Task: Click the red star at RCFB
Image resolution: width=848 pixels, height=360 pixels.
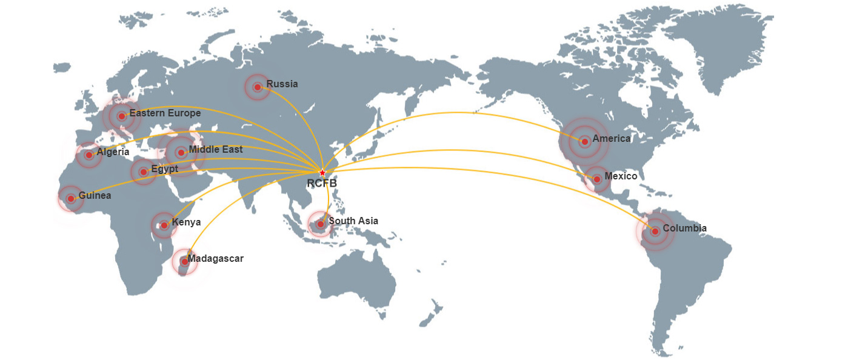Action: [322, 173]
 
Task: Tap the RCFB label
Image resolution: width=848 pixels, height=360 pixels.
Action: [321, 183]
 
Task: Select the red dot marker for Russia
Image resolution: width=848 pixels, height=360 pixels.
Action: [257, 87]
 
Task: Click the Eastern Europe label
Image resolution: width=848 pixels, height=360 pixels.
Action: [165, 113]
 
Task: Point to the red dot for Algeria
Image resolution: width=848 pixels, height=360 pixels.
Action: [88, 155]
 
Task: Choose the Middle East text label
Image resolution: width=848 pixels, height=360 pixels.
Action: [215, 149]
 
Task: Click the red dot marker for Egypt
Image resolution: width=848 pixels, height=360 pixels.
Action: [144, 172]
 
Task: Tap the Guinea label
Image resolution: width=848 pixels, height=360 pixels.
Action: [95, 196]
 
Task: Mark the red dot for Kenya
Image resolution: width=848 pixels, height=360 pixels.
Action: [164, 225]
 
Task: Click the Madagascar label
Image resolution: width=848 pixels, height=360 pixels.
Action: [215, 259]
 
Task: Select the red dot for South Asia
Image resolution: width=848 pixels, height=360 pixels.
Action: [320, 224]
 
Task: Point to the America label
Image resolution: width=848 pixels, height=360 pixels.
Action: [612, 139]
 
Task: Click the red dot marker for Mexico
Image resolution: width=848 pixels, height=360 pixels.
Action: [597, 179]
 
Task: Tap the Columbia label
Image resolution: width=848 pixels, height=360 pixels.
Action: [684, 228]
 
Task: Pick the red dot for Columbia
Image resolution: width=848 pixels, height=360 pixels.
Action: [655, 232]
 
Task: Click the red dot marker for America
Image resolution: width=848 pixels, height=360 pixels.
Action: [584, 142]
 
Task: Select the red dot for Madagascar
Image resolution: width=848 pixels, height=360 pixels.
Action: [184, 262]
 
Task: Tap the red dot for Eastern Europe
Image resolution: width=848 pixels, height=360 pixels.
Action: [121, 116]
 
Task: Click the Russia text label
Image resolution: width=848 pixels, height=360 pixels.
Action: [282, 84]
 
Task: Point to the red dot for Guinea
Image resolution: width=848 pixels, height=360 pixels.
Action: [70, 198]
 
